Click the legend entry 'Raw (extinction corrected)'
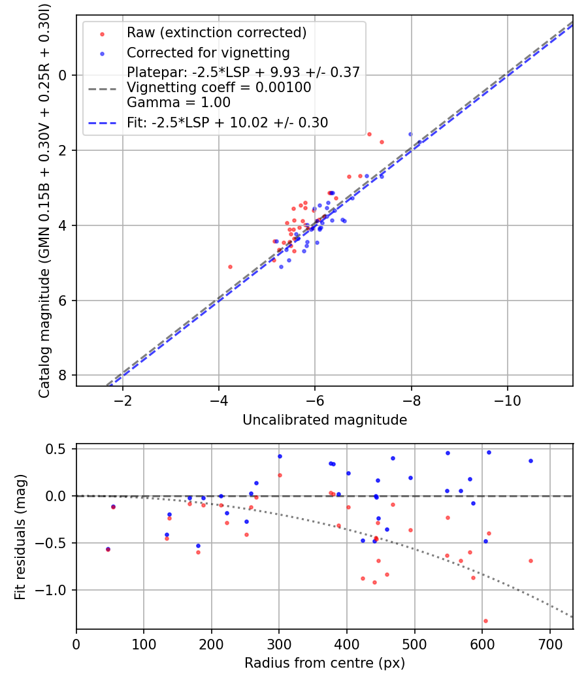[217, 33]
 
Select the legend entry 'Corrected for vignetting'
[208, 52]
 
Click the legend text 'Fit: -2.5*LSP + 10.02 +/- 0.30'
[227, 122]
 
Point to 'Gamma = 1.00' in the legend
[178, 103]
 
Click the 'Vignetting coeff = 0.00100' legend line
[219, 88]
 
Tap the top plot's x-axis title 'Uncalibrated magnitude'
[325, 420]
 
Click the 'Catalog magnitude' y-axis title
[44, 200]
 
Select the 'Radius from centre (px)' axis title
[325, 663]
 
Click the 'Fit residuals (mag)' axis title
[20, 537]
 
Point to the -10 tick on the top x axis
[508, 400]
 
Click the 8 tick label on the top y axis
[63, 376]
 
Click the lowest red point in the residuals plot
[485, 621]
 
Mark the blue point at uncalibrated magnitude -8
[410, 134]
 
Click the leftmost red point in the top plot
[230, 267]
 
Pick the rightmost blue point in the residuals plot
[531, 461]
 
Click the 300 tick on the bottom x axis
[279, 644]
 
